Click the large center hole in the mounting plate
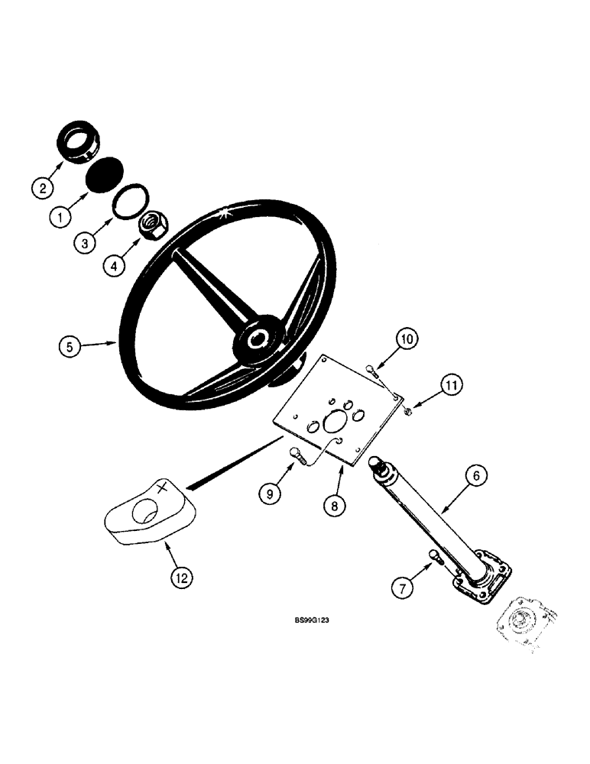(337, 419)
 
